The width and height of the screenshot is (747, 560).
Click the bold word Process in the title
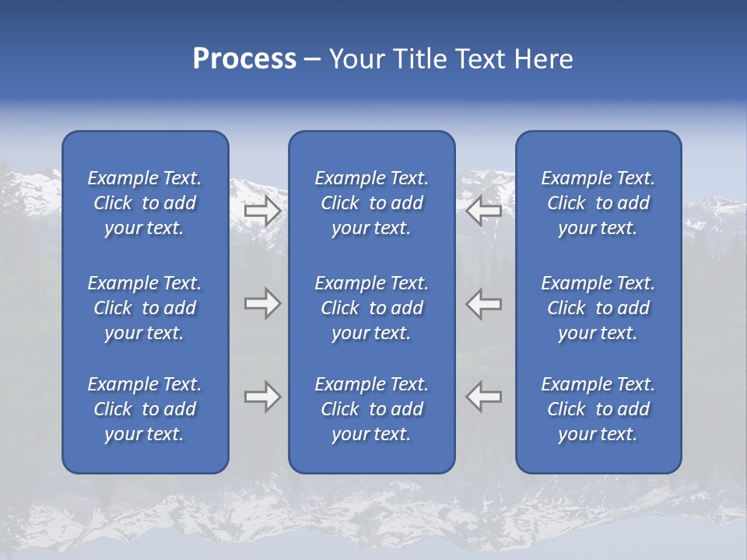(x=244, y=59)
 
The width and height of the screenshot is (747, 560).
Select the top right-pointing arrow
(x=262, y=211)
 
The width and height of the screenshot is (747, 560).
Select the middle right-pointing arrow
(x=262, y=303)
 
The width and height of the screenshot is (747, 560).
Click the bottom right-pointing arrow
(x=262, y=397)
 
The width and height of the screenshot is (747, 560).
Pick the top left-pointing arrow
(x=484, y=211)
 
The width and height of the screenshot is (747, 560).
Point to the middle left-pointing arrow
(x=484, y=303)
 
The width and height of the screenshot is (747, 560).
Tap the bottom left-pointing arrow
(x=484, y=397)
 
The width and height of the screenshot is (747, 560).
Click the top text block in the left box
(x=145, y=203)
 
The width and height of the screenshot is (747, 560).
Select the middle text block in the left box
(x=145, y=308)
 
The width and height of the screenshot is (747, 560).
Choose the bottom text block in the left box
(x=145, y=409)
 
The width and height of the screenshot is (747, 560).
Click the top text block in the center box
(x=371, y=203)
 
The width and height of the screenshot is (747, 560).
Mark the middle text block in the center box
(x=371, y=308)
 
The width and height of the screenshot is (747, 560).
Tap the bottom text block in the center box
(x=371, y=409)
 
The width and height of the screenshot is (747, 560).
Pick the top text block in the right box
(x=598, y=203)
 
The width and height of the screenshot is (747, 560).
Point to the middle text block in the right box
(x=598, y=308)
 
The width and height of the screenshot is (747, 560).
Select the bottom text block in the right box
(x=598, y=409)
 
